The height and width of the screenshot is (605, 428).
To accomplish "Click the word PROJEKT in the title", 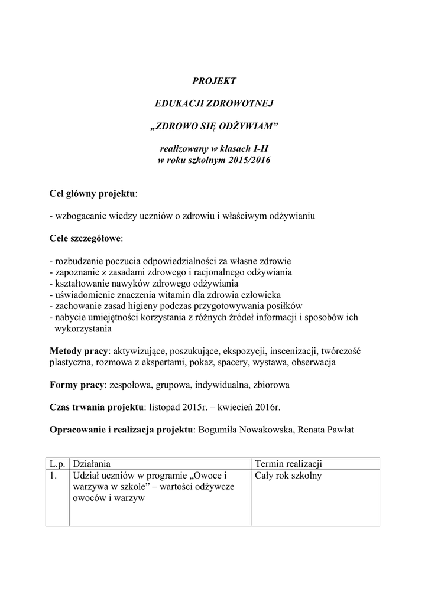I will tap(214, 80).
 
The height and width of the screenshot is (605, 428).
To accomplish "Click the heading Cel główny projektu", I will tap(92, 193).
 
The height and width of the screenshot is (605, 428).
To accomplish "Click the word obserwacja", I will tap(313, 362).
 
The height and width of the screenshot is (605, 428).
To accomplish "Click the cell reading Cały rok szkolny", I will tap(288, 475).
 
